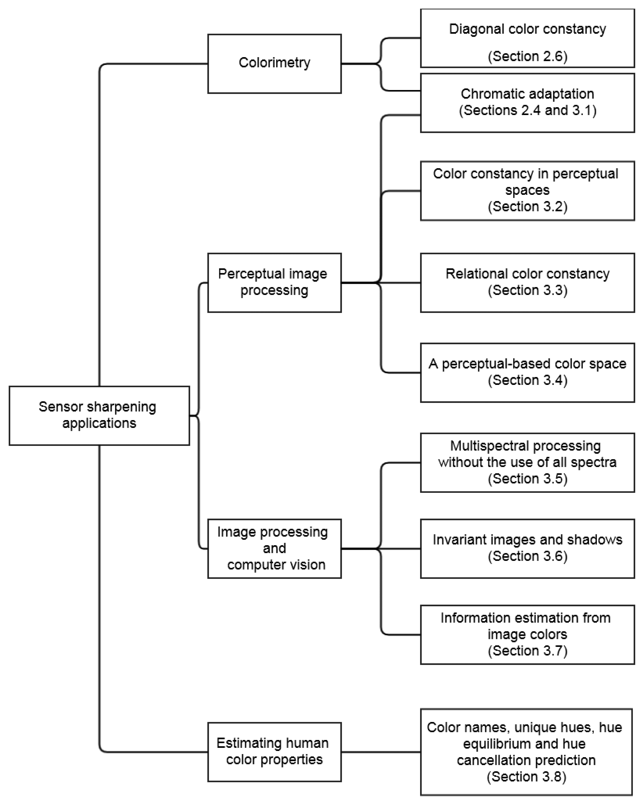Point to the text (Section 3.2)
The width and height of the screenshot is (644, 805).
[x=527, y=206]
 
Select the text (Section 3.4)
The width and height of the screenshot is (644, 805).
[x=527, y=380]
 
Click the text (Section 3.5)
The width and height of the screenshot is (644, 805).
[x=527, y=479]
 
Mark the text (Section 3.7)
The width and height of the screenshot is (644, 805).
[x=527, y=651]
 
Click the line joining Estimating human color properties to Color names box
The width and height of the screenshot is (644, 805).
[x=381, y=752]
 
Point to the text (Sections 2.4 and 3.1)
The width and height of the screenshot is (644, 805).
[x=527, y=111]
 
